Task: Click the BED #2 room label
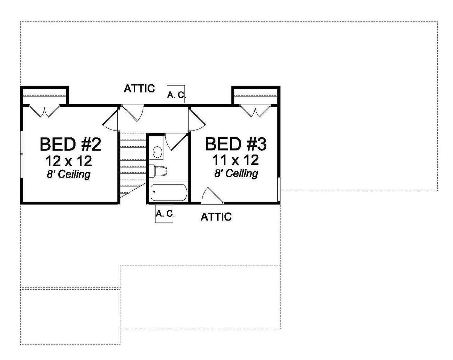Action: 70,144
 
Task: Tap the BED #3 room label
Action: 236,144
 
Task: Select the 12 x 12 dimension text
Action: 69,160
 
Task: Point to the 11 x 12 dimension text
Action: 235,160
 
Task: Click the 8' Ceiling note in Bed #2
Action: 69,174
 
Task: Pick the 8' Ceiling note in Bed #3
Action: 236,173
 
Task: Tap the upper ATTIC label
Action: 139,89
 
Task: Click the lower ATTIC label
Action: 216,217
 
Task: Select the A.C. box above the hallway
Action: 176,94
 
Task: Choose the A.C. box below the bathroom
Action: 164,214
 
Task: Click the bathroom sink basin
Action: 158,151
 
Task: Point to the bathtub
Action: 169,193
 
